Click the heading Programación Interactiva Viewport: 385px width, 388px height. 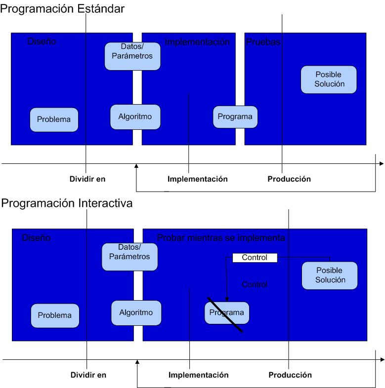[x=67, y=203]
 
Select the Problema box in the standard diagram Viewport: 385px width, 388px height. [x=54, y=119]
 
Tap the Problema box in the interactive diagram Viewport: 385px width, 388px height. [x=55, y=315]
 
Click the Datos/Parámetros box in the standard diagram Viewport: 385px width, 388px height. [x=132, y=56]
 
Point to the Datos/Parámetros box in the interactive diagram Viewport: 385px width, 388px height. [x=126, y=257]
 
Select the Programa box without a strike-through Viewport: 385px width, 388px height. [x=235, y=117]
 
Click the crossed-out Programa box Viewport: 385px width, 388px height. [x=227, y=313]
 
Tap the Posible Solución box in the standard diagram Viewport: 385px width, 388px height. [x=329, y=79]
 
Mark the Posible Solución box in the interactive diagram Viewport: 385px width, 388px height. [x=330, y=275]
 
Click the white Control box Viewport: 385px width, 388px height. [x=255, y=258]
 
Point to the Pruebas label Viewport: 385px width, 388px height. [x=263, y=42]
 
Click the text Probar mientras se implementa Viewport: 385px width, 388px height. [x=221, y=238]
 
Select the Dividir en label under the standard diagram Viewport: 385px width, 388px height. [x=87, y=179]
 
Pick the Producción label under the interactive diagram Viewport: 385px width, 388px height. [x=290, y=375]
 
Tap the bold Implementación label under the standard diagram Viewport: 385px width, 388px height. [x=198, y=179]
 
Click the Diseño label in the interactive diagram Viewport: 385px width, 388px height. [x=36, y=238]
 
